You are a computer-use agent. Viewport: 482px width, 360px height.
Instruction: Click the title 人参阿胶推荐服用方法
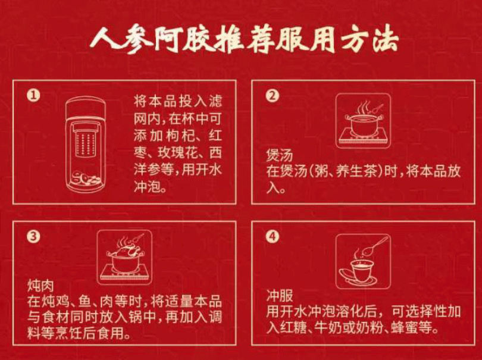[x=245, y=40]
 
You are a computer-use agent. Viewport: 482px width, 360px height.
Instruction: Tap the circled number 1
[x=33, y=96]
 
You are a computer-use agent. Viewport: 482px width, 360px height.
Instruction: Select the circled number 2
[x=273, y=96]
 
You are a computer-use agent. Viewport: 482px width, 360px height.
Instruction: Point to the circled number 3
[x=33, y=236]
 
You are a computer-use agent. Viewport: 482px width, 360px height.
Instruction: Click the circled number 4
[x=273, y=236]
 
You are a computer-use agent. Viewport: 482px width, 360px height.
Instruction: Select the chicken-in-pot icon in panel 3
[x=124, y=257]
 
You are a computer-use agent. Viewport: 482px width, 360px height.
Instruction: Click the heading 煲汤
[x=280, y=156]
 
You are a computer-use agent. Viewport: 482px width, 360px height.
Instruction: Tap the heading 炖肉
[x=40, y=286]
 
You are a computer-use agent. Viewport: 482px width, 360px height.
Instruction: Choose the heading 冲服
[x=280, y=296]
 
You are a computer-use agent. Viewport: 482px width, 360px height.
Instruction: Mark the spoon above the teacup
[x=373, y=246]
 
